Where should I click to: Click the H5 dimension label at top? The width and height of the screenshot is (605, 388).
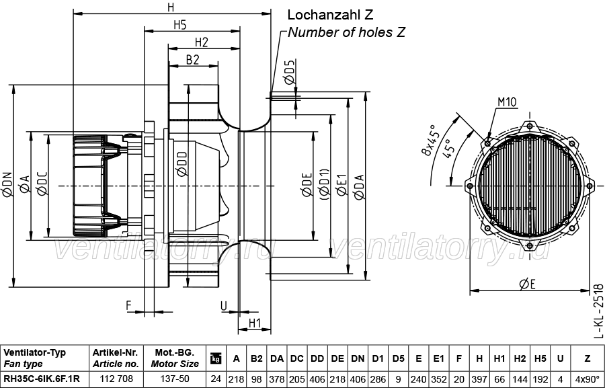pos(179,25)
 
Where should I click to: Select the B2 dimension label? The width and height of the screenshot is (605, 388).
pos(192,60)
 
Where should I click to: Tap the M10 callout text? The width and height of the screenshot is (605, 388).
pos(507,102)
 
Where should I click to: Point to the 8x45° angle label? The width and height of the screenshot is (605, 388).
pos(430,139)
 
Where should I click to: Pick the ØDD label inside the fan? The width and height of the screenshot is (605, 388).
pos(182,164)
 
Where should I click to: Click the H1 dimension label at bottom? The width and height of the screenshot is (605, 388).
pos(255,323)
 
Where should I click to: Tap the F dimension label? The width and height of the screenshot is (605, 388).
pos(129,306)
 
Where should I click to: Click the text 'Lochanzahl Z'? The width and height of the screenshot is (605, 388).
pos(330,15)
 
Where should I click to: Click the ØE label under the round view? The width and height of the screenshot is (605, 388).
pos(528,284)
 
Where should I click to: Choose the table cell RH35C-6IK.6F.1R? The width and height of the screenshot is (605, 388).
pos(42,379)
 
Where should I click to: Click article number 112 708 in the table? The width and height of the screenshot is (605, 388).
pos(116,379)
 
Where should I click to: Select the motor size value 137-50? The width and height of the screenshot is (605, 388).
pos(175,379)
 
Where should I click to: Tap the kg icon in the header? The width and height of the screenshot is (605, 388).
pos(216,358)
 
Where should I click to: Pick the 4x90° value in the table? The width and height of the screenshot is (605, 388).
pos(588,379)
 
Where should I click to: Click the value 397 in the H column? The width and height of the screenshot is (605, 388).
pos(479,379)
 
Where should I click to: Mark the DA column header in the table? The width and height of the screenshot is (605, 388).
pos(277,358)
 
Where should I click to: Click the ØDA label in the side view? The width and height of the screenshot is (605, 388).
pos(359,187)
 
